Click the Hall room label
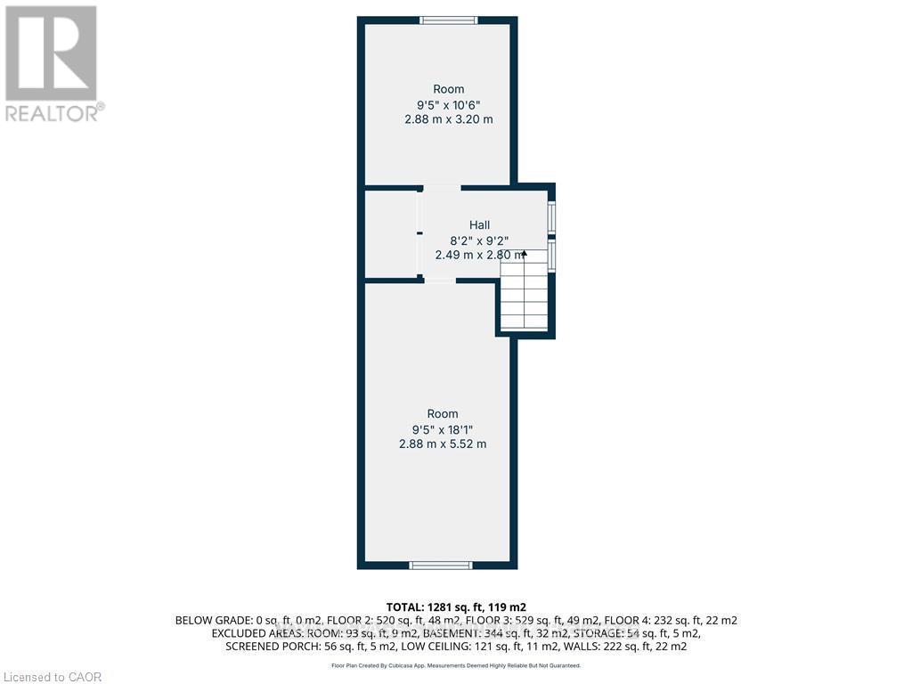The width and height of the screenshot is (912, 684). (480, 225)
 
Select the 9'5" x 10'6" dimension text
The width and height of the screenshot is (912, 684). (449, 104)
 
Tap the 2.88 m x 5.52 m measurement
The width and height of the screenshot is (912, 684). (443, 444)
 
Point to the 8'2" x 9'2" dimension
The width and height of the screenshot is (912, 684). (479, 240)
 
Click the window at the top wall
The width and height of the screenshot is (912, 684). (449, 20)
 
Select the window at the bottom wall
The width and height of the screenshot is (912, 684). (440, 565)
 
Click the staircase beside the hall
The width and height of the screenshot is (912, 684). (524, 294)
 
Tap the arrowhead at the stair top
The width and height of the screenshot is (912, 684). (524, 255)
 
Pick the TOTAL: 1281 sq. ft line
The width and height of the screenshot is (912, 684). (455, 606)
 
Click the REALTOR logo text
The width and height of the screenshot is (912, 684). (53, 113)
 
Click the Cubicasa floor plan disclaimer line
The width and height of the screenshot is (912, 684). (455, 665)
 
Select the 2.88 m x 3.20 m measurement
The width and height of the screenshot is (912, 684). (449, 119)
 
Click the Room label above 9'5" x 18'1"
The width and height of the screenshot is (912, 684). (443, 413)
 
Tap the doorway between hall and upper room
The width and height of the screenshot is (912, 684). (442, 187)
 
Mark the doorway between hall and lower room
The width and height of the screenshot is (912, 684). (440, 281)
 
